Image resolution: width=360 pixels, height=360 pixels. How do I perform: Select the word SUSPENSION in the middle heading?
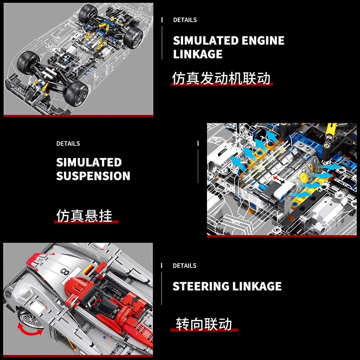93,176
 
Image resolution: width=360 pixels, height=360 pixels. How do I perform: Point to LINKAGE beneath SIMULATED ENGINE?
198,54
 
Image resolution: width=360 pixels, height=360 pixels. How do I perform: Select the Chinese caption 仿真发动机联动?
221,78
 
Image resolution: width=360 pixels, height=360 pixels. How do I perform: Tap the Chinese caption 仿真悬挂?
84,216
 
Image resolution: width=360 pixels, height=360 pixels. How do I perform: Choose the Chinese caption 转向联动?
204,324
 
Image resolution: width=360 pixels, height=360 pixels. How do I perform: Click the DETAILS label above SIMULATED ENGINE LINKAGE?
185,20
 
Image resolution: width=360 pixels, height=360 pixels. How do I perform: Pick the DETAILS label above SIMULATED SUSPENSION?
68,144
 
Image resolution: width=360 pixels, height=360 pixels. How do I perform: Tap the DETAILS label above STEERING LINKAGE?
184,265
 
